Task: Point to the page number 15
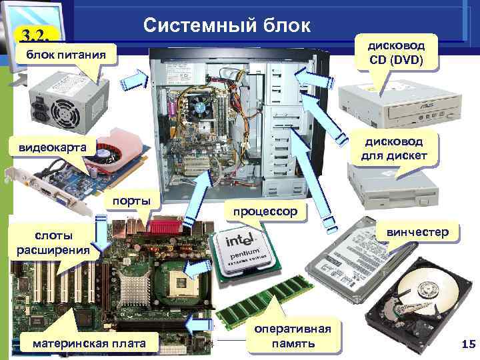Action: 467,343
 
